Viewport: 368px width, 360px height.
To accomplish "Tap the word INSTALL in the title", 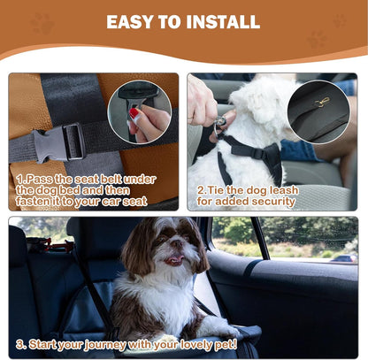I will tap(225, 21).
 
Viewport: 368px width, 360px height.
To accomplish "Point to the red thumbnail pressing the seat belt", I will tap(135, 113).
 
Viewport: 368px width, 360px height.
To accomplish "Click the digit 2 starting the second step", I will tap(201, 189).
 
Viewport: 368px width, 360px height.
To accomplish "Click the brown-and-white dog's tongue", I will tap(173, 261).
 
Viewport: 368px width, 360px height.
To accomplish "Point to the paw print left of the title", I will tap(42, 23).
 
